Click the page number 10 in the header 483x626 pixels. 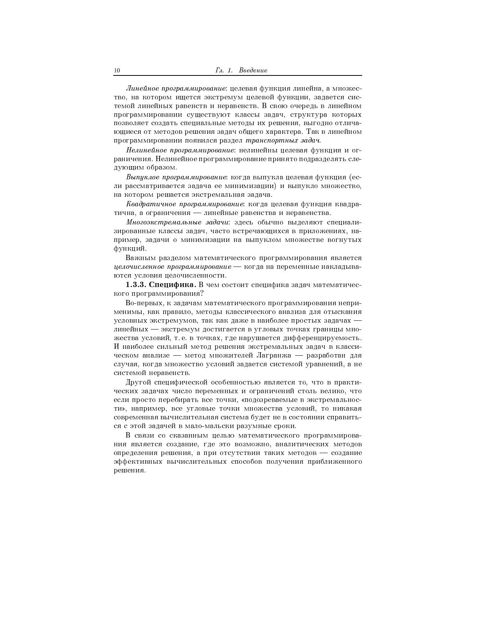click(117, 71)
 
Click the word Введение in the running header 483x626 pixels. click(253, 71)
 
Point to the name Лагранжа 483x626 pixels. click(275, 356)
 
